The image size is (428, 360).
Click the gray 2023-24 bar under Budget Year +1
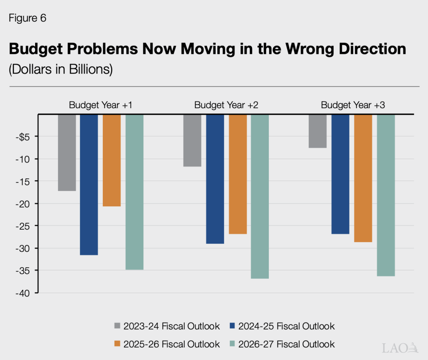click(67, 152)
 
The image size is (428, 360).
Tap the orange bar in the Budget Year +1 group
click(112, 160)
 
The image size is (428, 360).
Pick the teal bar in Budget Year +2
click(260, 196)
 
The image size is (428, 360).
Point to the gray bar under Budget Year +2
click(192, 140)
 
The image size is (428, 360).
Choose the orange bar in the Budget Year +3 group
click(363, 178)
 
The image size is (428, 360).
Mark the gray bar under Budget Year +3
click(318, 131)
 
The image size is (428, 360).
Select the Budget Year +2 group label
click(226, 105)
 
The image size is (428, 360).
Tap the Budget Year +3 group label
click(353, 105)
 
